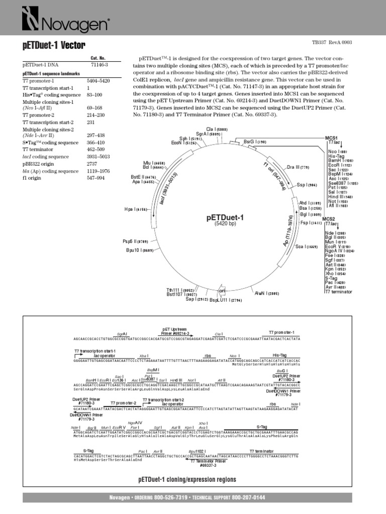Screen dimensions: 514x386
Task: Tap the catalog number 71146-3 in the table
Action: [x=99, y=65]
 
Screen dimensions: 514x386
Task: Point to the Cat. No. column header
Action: [x=98, y=58]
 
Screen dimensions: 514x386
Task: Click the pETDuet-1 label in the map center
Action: [x=225, y=217]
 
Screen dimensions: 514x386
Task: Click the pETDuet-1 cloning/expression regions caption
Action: [x=187, y=479]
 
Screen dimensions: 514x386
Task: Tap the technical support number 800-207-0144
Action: [x=248, y=497]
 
